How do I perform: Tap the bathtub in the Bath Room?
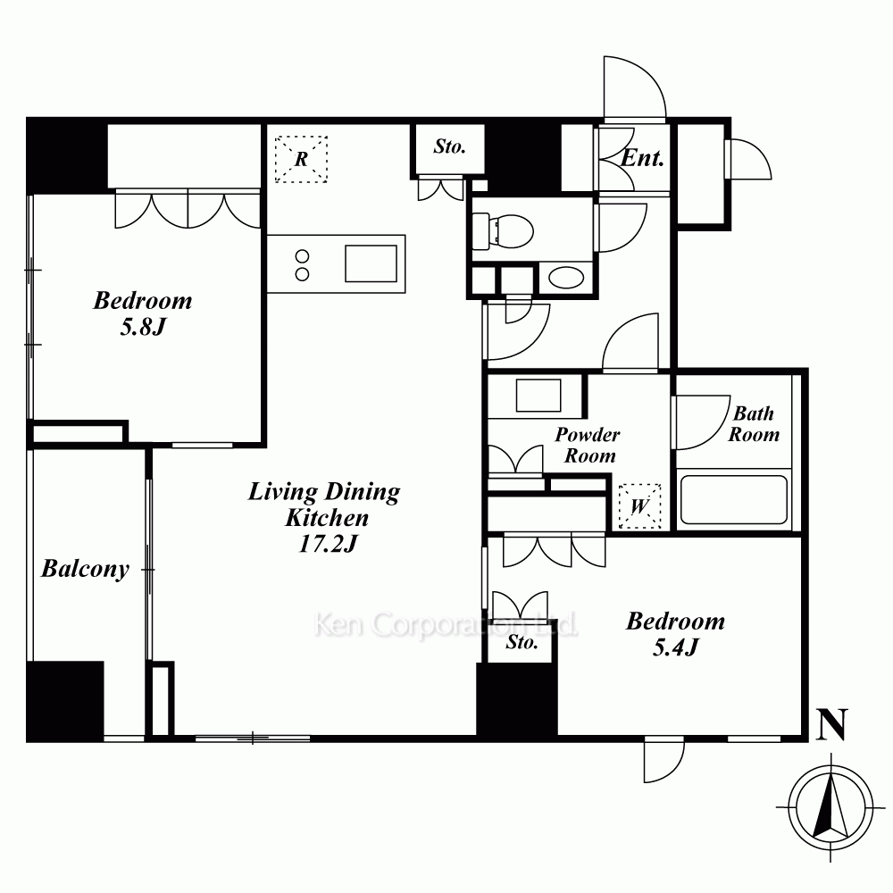pos(734,499)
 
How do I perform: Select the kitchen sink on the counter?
pos(371,263)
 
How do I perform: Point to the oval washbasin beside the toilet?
pos(565,279)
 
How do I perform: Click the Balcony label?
pos(86,569)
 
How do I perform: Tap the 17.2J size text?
pos(328,544)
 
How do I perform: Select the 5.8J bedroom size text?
pos(142,327)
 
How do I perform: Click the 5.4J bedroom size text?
pos(675,647)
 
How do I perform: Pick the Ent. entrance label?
pos(642,158)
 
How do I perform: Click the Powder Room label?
pos(588,445)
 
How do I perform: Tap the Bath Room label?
pos(754,423)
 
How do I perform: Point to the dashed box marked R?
pos(301,159)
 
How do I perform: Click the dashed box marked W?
pos(640,506)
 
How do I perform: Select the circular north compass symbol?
pos(831,807)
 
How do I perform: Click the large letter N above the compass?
pos(832,724)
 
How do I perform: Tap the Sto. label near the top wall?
pos(449,146)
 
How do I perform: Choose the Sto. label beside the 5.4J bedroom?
pos(522,642)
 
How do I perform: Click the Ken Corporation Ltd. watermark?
pos(446,625)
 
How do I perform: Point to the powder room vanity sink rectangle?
pos(538,395)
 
